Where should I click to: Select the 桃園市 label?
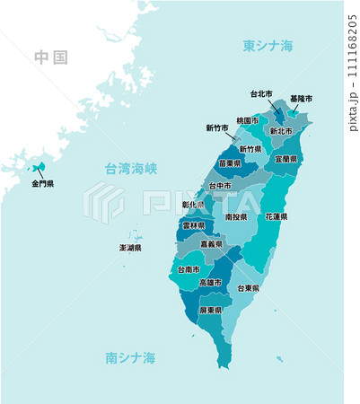pyautogui.click(x=248, y=120)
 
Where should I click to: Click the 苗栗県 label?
pyautogui.click(x=231, y=163)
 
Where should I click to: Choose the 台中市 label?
pyautogui.click(x=221, y=186)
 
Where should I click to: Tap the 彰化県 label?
pyautogui.click(x=193, y=205)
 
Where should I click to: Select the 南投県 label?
pyautogui.click(x=236, y=216)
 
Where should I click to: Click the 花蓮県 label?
pyautogui.click(x=277, y=216)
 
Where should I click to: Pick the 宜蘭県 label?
pyautogui.click(x=286, y=158)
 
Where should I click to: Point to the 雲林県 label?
pyautogui.click(x=192, y=226)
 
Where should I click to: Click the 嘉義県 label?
pyautogui.click(x=212, y=243)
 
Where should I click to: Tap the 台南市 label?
pyautogui.click(x=189, y=268)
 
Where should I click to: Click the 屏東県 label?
pyautogui.click(x=211, y=310)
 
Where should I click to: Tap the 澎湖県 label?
pyautogui.click(x=131, y=247)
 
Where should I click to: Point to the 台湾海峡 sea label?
pyautogui.click(x=131, y=168)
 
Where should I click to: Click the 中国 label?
pyautogui.click(x=51, y=57)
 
